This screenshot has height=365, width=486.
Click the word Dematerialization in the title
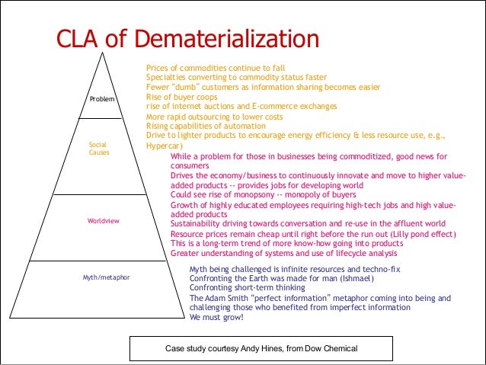pyautogui.click(x=221, y=40)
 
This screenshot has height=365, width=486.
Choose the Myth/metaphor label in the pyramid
pyautogui.click(x=106, y=277)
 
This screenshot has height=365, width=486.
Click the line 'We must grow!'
pyautogui.click(x=216, y=317)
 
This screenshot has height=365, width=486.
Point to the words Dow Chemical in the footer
pyautogui.click(x=330, y=348)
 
